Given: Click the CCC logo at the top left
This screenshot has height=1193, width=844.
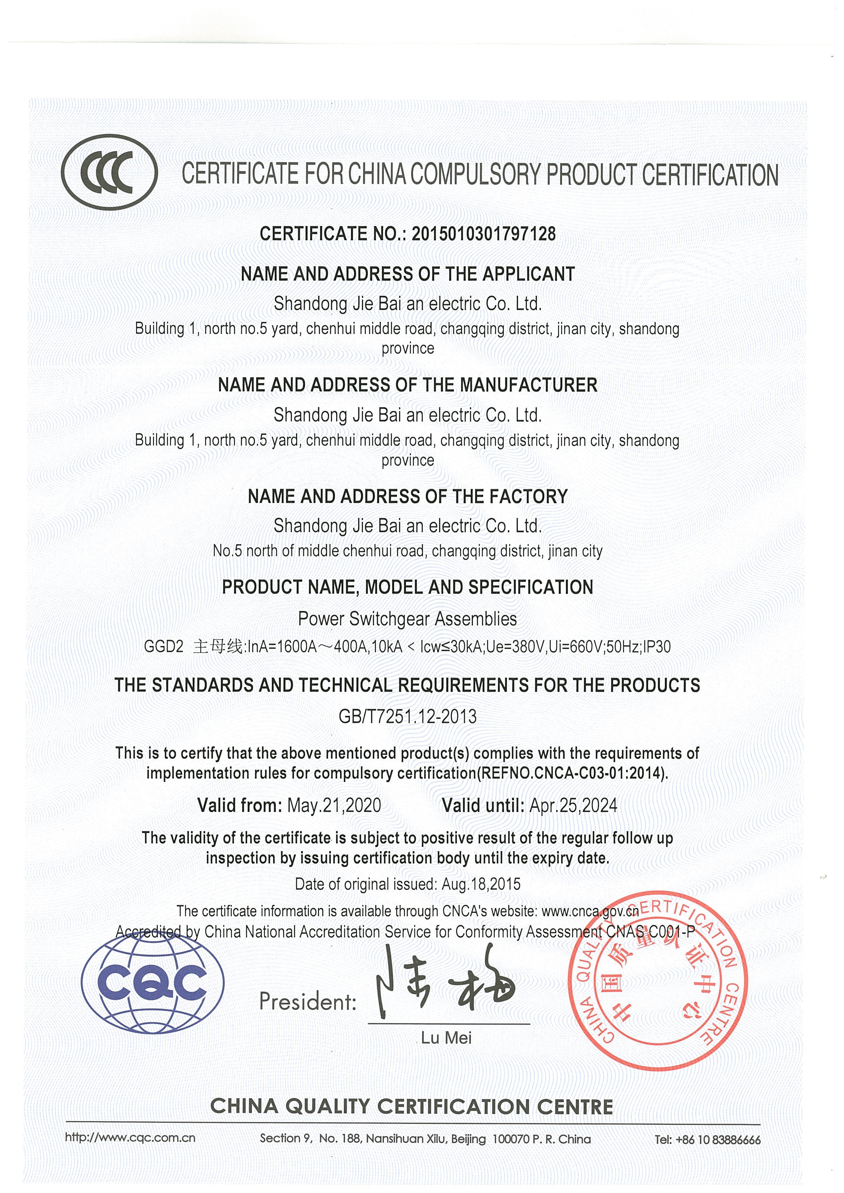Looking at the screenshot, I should click(109, 172).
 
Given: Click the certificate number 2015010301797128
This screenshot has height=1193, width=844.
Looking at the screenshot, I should click(483, 234).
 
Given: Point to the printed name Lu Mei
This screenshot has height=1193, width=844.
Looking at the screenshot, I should click(446, 1038).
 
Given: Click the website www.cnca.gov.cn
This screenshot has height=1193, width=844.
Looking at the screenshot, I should click(590, 911).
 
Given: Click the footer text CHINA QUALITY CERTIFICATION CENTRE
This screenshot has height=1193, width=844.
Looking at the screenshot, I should click(411, 1107).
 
